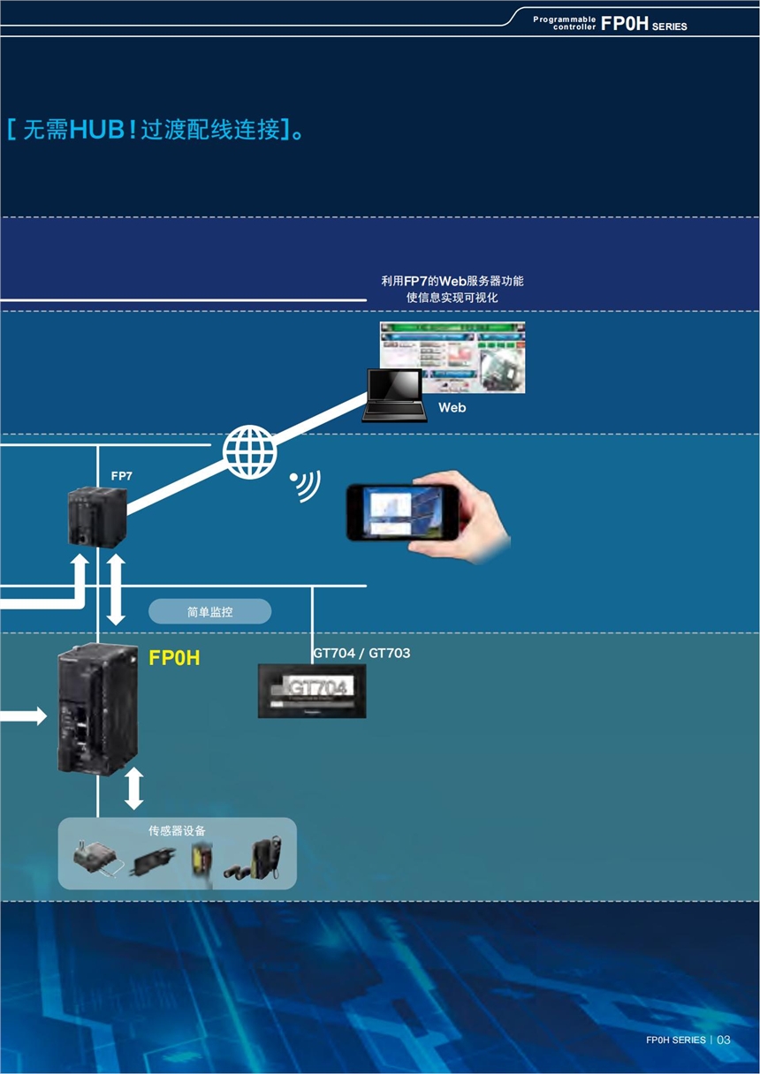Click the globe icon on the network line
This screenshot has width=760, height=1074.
click(x=249, y=452)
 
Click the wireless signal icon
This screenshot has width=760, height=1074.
click(x=305, y=485)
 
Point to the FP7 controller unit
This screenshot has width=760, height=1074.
click(x=96, y=517)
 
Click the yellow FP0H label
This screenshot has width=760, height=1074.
click(x=174, y=658)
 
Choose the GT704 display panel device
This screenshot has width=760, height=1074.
click(x=311, y=690)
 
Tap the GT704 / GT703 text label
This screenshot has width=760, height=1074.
click(x=361, y=654)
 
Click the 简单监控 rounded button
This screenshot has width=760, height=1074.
click(x=209, y=611)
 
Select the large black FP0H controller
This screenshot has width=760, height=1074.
click(x=95, y=710)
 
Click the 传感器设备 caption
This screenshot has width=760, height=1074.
click(x=177, y=831)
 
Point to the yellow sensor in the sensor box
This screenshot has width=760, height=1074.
click(x=201, y=860)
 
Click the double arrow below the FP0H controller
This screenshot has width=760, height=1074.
click(x=133, y=788)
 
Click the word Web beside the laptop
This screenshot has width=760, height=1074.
click(x=452, y=408)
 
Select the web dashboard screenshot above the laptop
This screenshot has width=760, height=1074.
click(x=452, y=357)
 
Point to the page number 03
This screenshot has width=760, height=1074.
click(x=724, y=1040)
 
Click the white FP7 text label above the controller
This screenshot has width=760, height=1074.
click(x=121, y=476)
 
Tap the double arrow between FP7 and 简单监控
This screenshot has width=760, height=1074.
click(x=116, y=589)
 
